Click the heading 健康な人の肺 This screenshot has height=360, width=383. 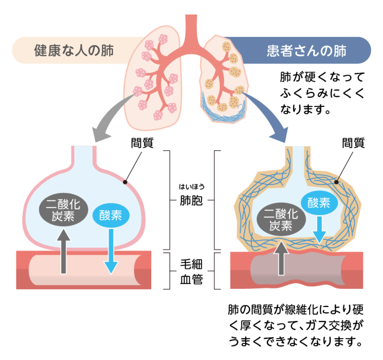pos(74,50)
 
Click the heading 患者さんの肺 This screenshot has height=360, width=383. pos(306,50)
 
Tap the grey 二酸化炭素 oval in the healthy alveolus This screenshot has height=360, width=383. pos(63,210)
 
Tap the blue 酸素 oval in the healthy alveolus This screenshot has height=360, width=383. pos(111,215)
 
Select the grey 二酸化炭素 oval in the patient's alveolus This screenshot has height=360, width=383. pos(281,220)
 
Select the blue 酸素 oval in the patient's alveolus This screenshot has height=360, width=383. pos(319,203)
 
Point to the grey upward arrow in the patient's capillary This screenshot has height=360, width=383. pos(281,259)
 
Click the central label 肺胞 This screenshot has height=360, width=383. pos(191,201)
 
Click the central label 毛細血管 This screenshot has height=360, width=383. pos(191,272)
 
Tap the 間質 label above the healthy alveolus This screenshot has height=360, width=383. pos(142,143)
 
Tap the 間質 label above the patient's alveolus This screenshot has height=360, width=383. pos(353,143)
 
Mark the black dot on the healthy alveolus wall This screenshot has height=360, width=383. pos(125,182)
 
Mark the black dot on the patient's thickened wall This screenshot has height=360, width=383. pos(336,182)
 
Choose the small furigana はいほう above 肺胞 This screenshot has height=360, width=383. pos(191,187)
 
